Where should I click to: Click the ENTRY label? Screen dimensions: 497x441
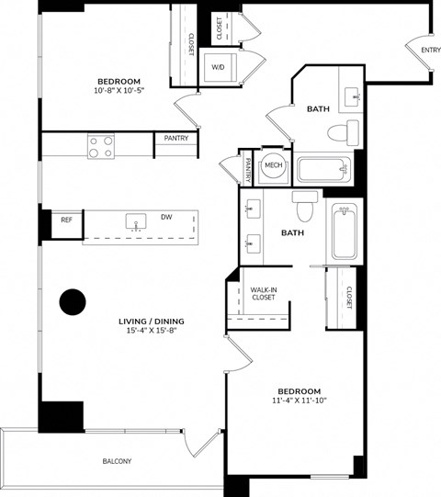tap(430, 50)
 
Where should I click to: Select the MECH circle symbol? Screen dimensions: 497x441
tap(273, 165)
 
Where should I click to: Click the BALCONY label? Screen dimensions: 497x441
tap(117, 461)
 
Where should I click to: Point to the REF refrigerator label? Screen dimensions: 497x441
tap(66, 220)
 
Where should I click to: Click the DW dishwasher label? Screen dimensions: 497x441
tap(167, 218)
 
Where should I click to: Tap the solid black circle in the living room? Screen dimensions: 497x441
tap(72, 301)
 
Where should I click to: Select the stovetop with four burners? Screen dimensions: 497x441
tap(100, 146)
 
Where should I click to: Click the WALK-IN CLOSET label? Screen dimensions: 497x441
tap(263, 293)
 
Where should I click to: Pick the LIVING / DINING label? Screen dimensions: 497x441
tap(152, 321)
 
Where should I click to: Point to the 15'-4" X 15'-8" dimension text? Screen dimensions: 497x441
tap(152, 331)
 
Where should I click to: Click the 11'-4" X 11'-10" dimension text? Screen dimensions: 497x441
tap(297, 401)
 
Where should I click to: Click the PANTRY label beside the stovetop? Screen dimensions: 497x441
tap(176, 139)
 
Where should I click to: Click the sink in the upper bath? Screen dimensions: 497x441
tap(353, 96)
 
